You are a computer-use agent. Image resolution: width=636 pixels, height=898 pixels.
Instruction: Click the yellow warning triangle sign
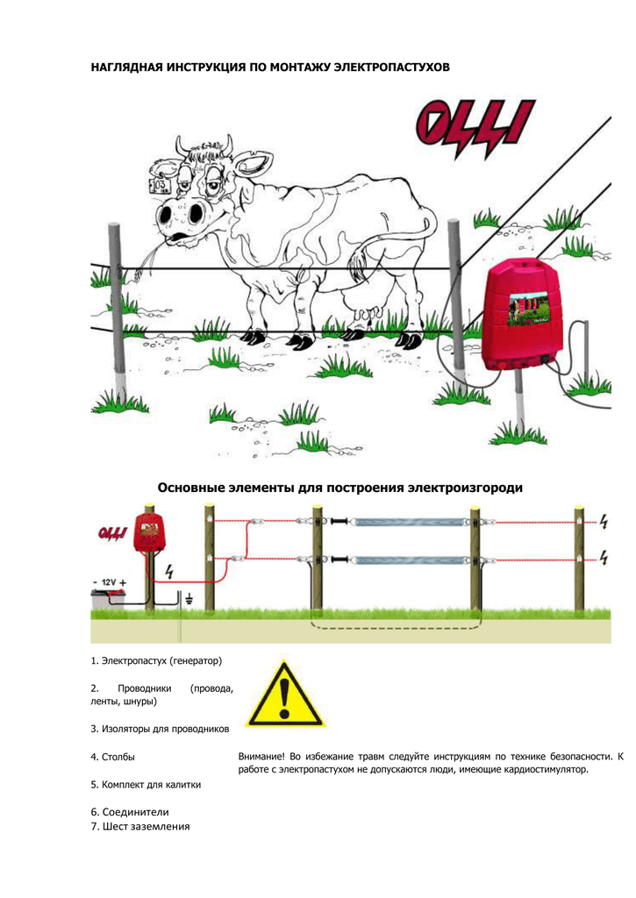click(285, 695)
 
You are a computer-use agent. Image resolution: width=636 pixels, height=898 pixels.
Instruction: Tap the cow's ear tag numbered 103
click(159, 184)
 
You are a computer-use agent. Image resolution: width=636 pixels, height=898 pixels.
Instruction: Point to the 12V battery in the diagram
click(108, 598)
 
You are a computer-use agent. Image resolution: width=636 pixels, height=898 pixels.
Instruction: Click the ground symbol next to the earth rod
click(189, 600)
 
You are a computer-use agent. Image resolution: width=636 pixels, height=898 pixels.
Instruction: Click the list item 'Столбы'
click(113, 757)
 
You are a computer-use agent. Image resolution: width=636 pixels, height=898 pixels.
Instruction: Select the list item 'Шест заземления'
click(140, 826)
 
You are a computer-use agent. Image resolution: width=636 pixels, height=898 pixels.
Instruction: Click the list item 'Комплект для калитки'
click(146, 785)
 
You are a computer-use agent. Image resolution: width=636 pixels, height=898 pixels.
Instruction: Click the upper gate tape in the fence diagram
click(409, 523)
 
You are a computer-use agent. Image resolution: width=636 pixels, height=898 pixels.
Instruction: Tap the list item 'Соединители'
click(130, 812)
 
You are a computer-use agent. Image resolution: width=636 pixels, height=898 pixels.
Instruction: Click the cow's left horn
click(182, 146)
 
